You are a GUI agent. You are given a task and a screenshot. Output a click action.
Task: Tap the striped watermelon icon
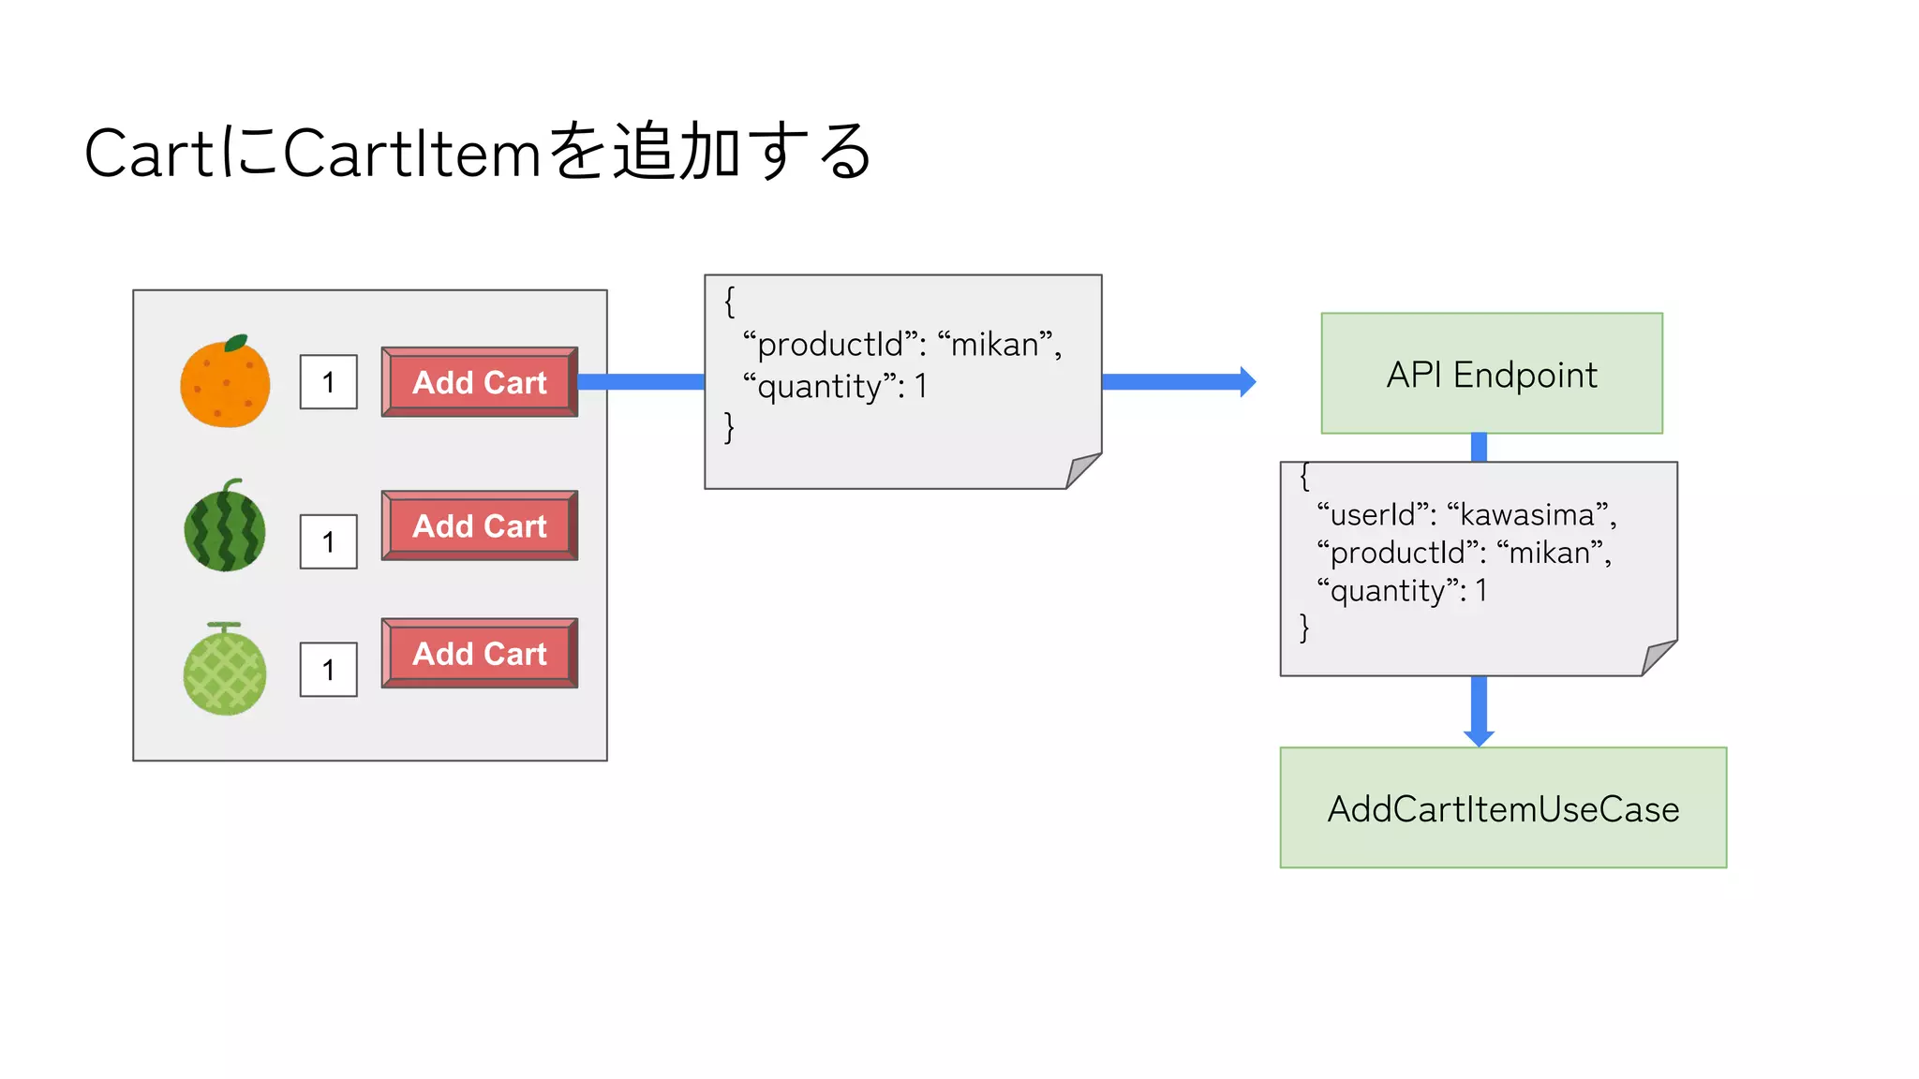pos(225,527)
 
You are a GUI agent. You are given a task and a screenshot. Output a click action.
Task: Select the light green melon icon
pos(225,672)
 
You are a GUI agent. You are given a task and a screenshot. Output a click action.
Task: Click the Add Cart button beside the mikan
pos(480,382)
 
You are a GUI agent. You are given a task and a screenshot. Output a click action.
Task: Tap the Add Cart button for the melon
pos(480,653)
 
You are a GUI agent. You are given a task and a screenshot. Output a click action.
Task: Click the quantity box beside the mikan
pos(328,382)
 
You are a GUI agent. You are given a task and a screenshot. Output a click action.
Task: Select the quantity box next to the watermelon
pos(328,541)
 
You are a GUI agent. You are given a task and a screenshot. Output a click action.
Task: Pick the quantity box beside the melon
pos(328,670)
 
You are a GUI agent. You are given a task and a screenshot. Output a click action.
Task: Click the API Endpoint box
pos(1492,374)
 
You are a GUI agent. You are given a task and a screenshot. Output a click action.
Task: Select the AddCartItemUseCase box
pos(1503,808)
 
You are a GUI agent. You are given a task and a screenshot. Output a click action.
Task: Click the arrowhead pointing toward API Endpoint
pos(1247,382)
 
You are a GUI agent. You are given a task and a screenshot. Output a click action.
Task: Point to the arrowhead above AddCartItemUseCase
pos(1479,737)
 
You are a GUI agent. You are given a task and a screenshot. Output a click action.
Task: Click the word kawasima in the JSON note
pos(1526,515)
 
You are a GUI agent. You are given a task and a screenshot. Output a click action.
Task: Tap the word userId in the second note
pos(1372,515)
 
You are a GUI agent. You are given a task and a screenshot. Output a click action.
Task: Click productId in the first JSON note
pos(829,345)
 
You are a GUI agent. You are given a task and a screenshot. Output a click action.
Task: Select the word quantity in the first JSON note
pos(819,387)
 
